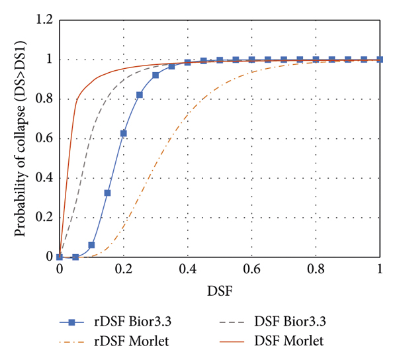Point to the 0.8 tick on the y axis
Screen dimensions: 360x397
44,99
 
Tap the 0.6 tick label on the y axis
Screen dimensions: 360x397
44,139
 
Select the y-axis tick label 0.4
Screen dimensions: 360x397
44,178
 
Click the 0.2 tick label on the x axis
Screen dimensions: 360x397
124,270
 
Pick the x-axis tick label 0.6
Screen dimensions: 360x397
252,270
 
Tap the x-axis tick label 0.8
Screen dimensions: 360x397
316,270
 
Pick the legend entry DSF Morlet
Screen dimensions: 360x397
288,341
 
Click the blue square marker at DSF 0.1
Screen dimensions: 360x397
91,245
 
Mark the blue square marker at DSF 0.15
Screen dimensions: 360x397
107,193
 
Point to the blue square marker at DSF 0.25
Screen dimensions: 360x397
140,95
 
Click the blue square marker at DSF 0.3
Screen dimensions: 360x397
155,75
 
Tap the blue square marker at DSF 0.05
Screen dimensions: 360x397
75,257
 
